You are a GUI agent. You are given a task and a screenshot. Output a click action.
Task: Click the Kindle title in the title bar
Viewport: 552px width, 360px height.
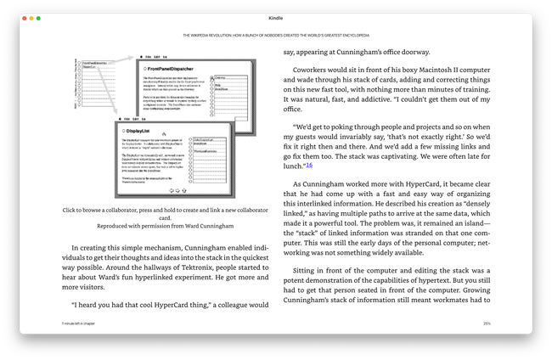point(276,18)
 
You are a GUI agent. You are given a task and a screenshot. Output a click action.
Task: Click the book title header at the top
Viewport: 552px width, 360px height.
point(276,36)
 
